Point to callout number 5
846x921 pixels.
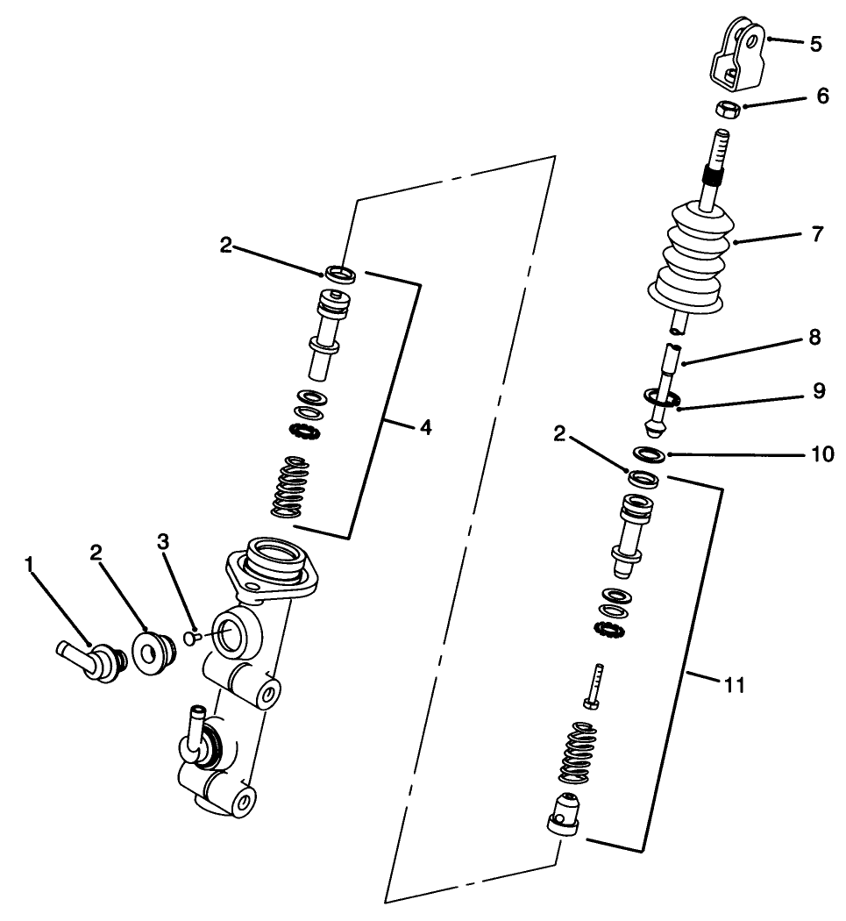(815, 44)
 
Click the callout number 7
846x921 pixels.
(817, 235)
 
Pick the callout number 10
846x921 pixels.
(821, 454)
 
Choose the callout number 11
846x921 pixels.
(735, 685)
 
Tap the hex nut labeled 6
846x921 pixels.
(726, 110)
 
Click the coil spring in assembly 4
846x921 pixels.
(288, 488)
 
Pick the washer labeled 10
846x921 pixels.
(647, 454)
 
